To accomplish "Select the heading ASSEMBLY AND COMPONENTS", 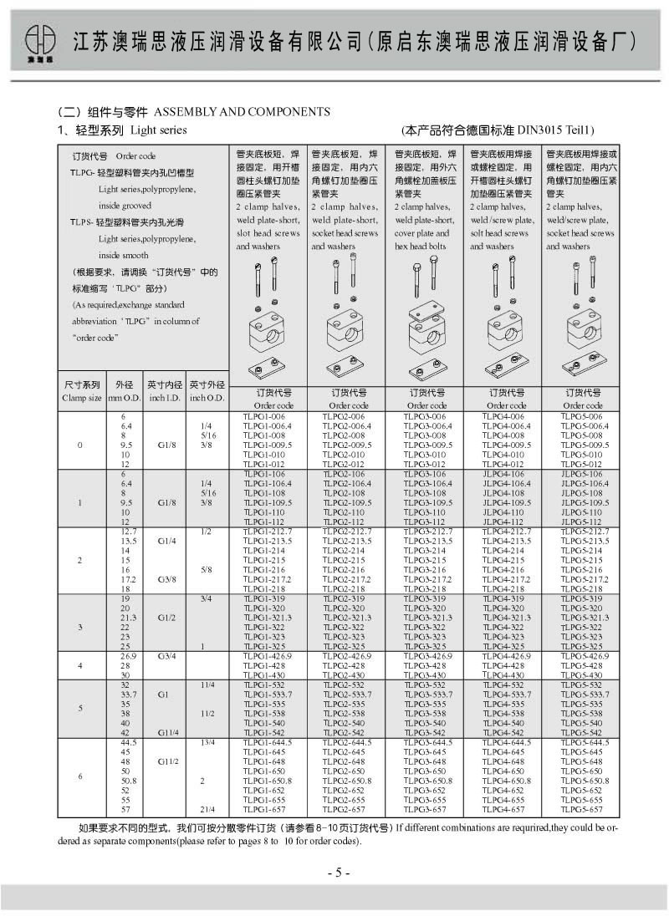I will point(243,112).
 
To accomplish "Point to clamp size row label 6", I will point(80,776).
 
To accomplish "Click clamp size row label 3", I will point(80,627).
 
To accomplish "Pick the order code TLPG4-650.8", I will point(504,780).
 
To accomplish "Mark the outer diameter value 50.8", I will point(128,780).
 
